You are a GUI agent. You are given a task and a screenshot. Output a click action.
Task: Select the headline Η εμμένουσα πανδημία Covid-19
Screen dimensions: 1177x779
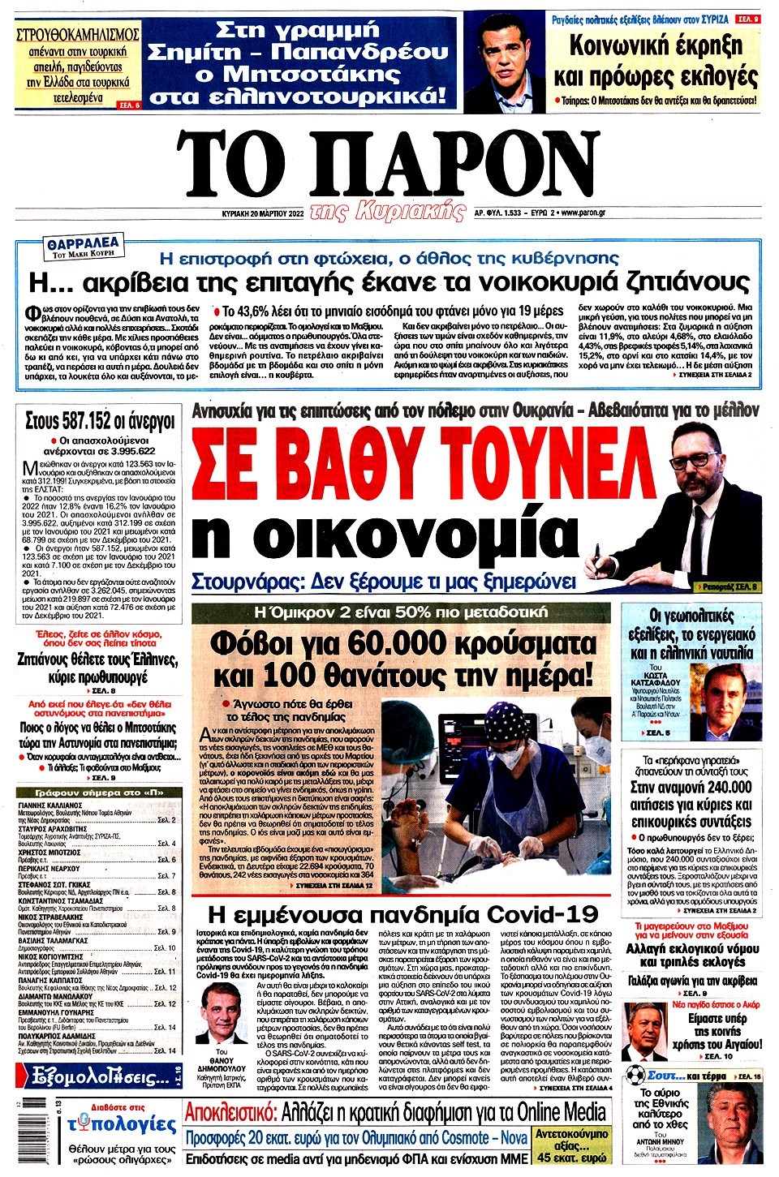pyautogui.click(x=403, y=914)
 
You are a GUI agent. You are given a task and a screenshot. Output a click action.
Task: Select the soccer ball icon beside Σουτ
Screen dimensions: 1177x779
pyautogui.click(x=635, y=1076)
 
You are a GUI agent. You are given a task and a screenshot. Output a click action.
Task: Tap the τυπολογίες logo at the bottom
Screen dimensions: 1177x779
pyautogui.click(x=122, y=1124)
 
